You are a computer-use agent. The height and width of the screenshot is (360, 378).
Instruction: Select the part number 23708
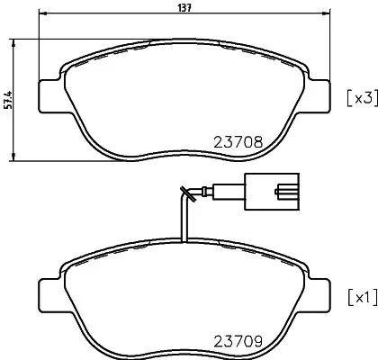238,141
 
